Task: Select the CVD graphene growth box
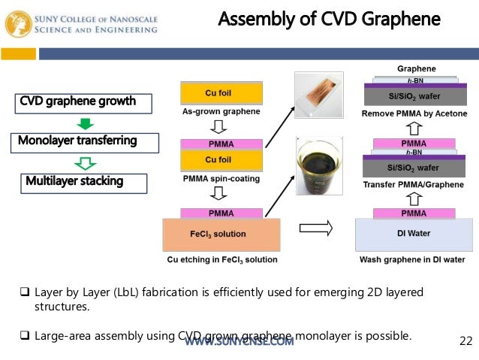[x=77, y=101]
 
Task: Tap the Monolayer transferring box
[x=77, y=141]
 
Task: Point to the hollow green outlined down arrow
[x=86, y=162]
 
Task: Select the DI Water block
[x=413, y=234]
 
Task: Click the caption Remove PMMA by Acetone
[x=414, y=113]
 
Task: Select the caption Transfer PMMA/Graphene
[x=413, y=185]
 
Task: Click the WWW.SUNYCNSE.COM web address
[x=239, y=343]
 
